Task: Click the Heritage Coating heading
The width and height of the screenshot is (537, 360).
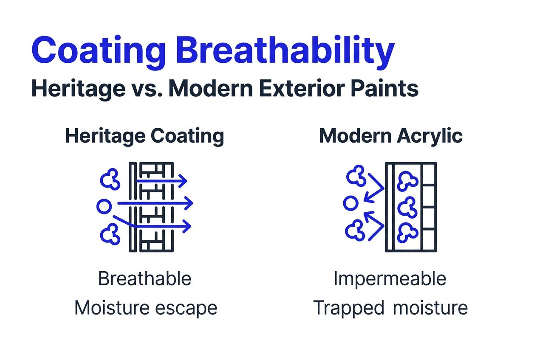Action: click(x=144, y=136)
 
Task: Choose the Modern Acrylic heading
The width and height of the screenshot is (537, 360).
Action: click(x=391, y=136)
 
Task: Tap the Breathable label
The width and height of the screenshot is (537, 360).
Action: click(x=144, y=279)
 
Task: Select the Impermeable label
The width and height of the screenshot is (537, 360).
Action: click(x=390, y=279)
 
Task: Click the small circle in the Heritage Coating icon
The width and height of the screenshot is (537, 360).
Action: click(x=103, y=206)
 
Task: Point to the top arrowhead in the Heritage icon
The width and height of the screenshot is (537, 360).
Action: click(x=183, y=181)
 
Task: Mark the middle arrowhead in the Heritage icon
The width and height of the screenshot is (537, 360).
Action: click(x=189, y=204)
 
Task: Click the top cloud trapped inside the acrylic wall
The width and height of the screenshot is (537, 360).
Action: click(x=407, y=181)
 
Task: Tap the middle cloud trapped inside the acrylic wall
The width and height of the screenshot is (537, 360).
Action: click(x=407, y=206)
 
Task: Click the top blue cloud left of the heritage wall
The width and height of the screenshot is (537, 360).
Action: click(x=110, y=180)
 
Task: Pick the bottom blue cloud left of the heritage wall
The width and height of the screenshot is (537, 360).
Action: click(x=110, y=233)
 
